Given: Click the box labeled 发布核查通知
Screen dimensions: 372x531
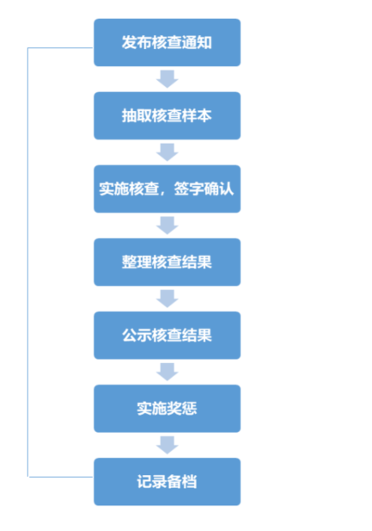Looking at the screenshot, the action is point(167,42).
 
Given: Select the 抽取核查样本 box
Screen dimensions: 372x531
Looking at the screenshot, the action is point(167,116).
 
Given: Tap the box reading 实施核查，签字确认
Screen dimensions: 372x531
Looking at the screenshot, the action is point(167,189).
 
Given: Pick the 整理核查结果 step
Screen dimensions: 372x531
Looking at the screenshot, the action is point(167,262).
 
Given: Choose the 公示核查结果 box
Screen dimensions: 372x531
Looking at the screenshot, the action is point(167,336).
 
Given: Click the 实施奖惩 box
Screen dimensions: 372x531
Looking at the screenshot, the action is point(167,409).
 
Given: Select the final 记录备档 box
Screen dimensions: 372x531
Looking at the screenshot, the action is point(167,482).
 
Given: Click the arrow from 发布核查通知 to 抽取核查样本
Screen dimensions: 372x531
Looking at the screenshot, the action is point(167,79).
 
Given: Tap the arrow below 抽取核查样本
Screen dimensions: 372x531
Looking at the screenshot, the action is point(167,152).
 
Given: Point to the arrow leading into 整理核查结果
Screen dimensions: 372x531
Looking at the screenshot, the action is point(167,225).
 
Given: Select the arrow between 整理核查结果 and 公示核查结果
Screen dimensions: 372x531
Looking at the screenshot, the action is point(167,299).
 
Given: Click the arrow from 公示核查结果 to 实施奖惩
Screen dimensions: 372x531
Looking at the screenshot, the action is point(167,372).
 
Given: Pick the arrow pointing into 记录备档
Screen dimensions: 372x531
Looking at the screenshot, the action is point(167,445).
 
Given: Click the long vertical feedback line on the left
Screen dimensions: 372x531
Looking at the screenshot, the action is point(27,262).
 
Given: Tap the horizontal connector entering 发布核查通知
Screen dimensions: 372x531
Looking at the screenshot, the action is point(60,47).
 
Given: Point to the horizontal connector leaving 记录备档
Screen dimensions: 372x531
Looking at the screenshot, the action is point(61,477).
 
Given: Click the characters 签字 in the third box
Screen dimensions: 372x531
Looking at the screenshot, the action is point(189,189).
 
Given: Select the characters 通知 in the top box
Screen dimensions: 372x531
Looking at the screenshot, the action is point(197,43).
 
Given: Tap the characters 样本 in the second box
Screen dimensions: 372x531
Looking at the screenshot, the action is point(197,116).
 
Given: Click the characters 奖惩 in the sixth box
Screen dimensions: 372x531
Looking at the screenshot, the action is point(182,409).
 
